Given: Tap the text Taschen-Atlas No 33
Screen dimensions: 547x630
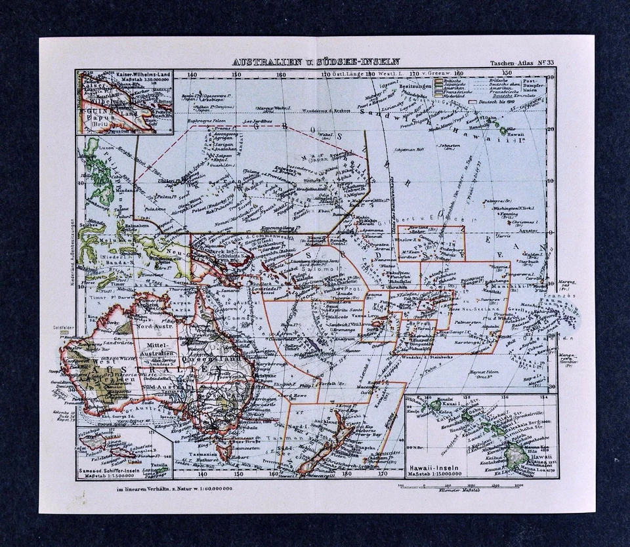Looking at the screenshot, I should [x=518, y=63].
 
